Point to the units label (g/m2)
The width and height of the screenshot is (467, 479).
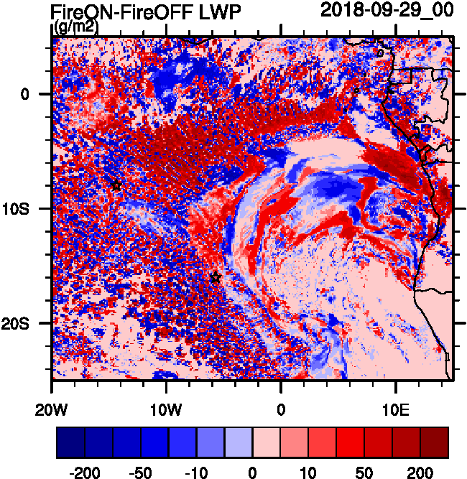(x=77, y=27)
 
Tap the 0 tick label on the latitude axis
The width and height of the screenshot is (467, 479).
(x=25, y=94)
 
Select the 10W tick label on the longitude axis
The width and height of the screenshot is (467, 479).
(x=166, y=409)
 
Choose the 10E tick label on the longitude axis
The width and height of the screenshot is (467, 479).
(x=396, y=409)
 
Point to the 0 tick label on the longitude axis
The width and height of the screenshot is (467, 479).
(x=281, y=409)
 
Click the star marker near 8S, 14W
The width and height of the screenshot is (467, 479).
(x=116, y=185)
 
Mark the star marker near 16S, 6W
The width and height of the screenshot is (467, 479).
(x=216, y=278)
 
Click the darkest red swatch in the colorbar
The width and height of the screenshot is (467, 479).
(x=435, y=442)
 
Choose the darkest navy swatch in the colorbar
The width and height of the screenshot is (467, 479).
(x=70, y=442)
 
